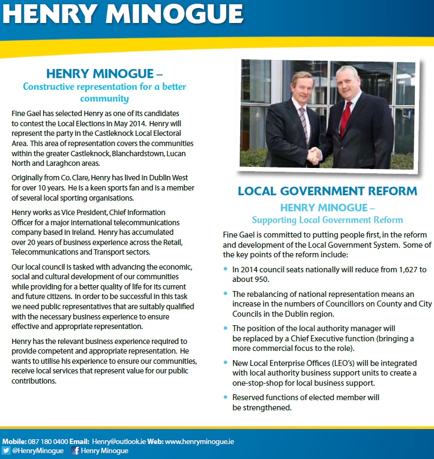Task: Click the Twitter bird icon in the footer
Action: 6,450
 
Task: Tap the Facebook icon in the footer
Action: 75,450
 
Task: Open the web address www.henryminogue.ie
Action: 199,442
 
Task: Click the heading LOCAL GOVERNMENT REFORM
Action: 328,192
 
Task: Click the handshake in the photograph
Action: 315,155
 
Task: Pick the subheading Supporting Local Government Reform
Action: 328,220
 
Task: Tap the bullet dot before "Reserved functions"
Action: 225,397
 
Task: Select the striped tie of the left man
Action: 303,123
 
